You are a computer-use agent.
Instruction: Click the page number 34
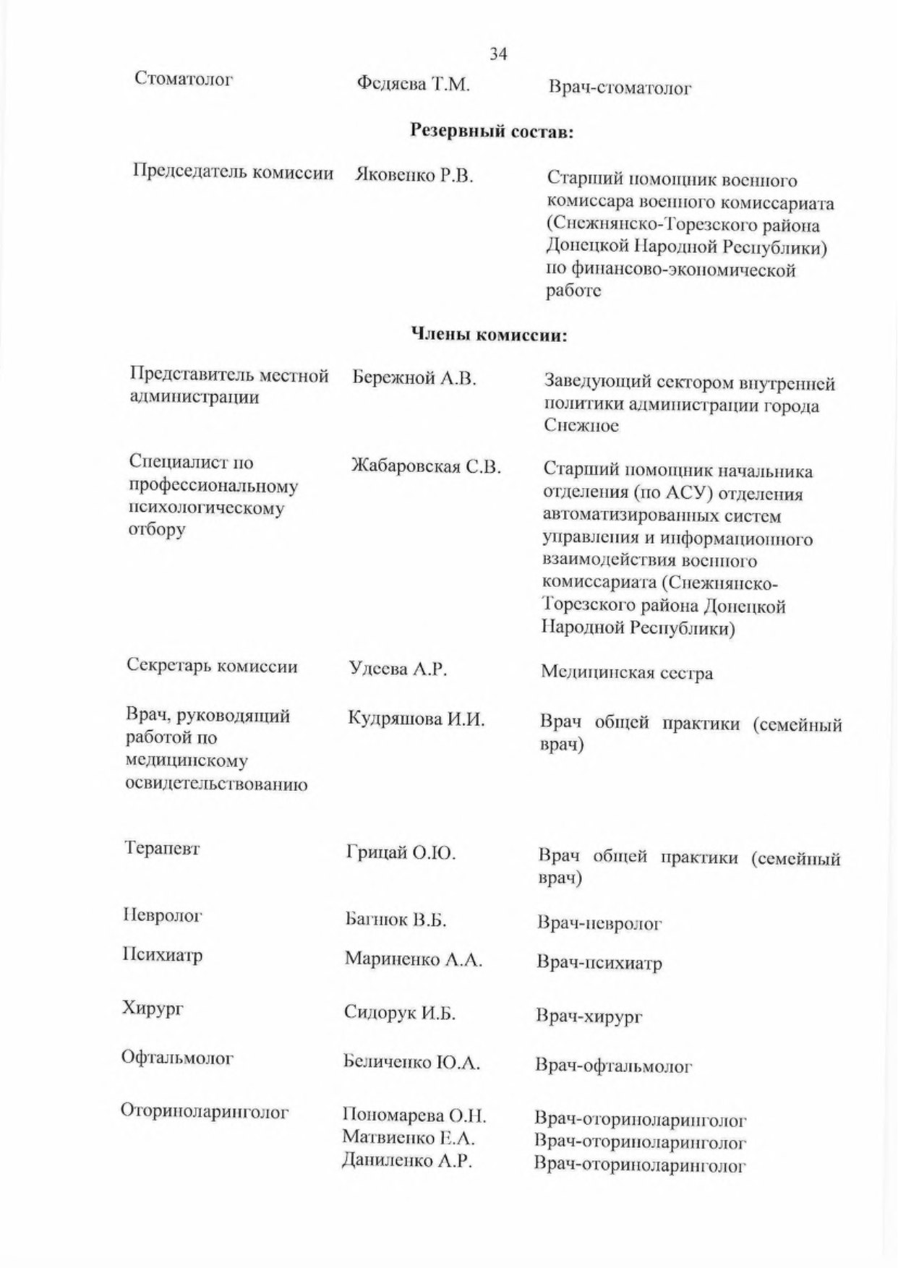coord(498,54)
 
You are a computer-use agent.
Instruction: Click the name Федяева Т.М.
coord(414,85)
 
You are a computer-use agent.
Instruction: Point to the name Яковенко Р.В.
coord(414,176)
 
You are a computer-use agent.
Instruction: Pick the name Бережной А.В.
coord(414,378)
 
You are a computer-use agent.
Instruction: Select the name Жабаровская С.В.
coord(426,466)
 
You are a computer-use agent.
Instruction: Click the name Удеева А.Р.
coord(398,669)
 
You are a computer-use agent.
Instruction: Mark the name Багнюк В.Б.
coord(395,920)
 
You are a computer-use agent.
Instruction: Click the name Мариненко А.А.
coord(413,959)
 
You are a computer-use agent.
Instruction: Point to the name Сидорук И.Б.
coord(400,1014)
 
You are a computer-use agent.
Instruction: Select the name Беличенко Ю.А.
coord(411,1063)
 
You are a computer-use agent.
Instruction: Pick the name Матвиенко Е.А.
coord(409,1138)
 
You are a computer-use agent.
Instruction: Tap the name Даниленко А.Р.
coord(407,1162)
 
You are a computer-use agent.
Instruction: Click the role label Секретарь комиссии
coord(212,666)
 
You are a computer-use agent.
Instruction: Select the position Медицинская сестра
coord(627,673)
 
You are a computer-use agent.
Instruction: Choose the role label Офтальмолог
coord(177,1058)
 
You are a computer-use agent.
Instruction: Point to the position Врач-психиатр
coord(599,963)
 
